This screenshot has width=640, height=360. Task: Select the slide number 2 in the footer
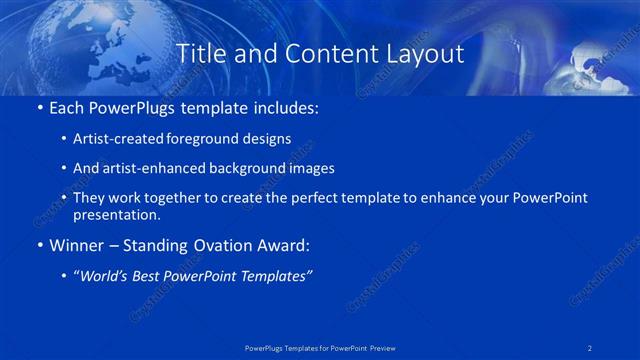tap(590, 347)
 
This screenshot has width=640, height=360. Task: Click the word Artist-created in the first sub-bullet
tap(111, 138)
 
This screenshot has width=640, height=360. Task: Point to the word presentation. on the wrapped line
tap(117, 214)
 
